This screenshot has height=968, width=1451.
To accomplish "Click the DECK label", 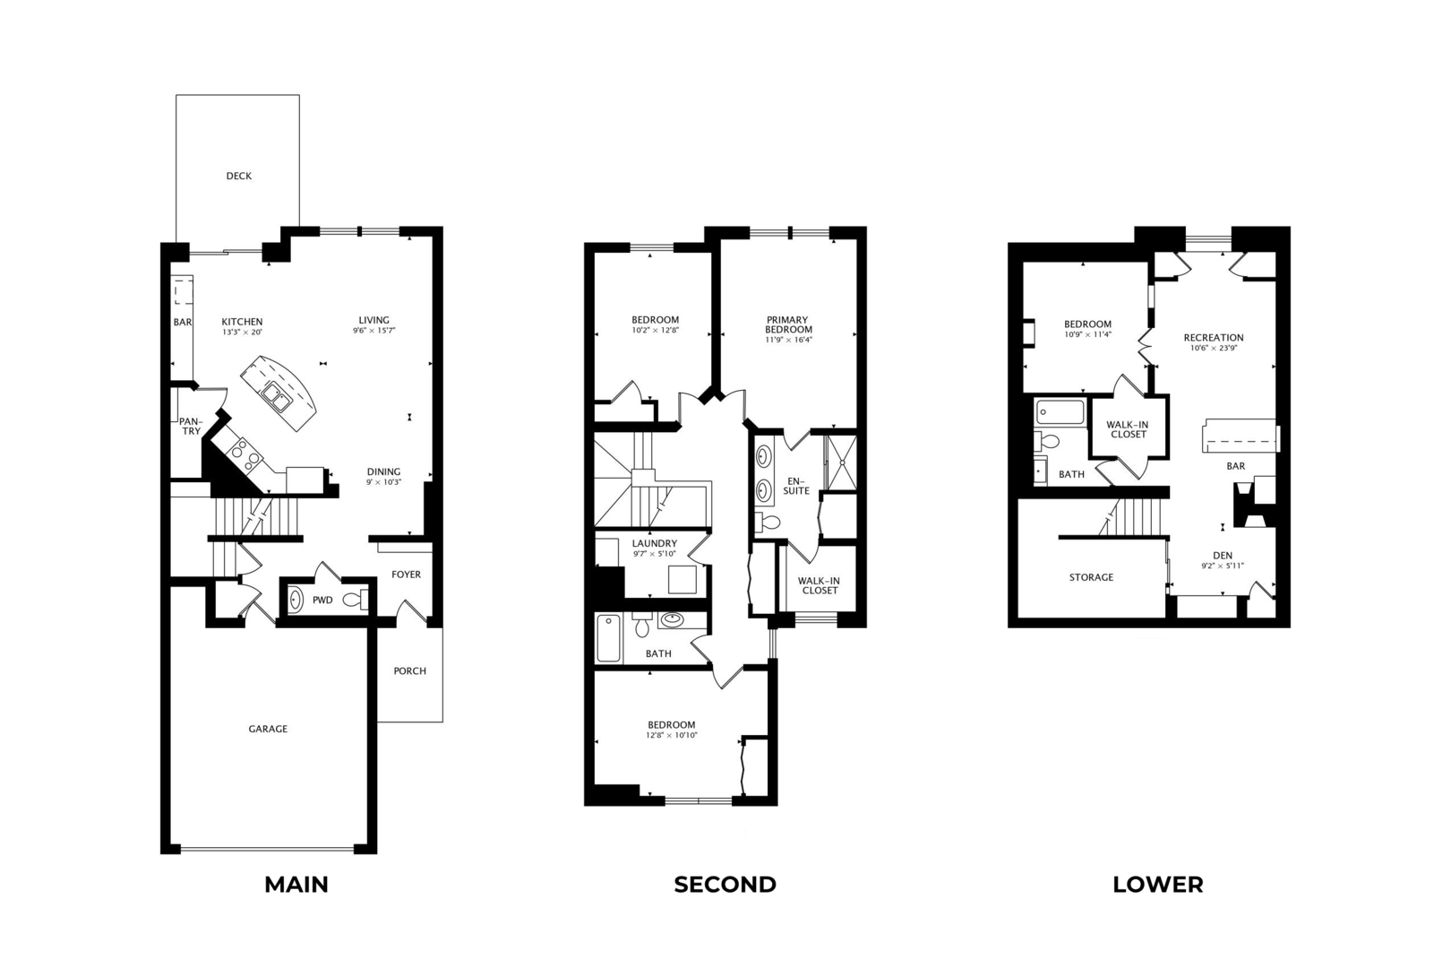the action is [x=238, y=176].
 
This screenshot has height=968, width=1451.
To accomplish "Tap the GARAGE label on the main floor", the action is [x=268, y=729].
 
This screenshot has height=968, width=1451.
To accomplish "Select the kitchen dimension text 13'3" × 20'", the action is [x=242, y=332].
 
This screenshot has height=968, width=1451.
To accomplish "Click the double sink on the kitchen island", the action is [x=276, y=397].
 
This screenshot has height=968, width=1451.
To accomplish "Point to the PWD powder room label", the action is [x=322, y=601].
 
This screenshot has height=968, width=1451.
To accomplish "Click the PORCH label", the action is [x=410, y=671].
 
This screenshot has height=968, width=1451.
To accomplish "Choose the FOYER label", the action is [x=406, y=575].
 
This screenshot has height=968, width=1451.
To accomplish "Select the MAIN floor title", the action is [x=296, y=885].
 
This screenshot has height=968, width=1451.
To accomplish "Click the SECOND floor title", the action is [x=725, y=885].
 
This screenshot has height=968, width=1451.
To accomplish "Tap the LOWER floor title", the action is [x=1157, y=885].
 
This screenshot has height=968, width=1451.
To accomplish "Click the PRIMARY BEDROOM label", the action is [x=788, y=324].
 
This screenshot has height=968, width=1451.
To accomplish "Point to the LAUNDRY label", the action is [x=654, y=543].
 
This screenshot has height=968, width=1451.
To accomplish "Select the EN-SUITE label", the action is [x=796, y=486].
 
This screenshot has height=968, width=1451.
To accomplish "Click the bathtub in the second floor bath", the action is [x=608, y=639].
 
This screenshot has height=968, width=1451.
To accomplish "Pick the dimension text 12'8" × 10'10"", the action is [x=671, y=735].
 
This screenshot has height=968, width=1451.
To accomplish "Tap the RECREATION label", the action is [x=1214, y=337].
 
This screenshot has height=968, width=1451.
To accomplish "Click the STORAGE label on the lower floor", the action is [x=1091, y=577].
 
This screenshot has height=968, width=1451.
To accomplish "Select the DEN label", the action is [x=1223, y=555].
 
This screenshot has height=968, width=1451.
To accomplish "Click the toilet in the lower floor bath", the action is [x=1046, y=441].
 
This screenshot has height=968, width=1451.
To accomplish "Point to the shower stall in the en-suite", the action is [x=841, y=462].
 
